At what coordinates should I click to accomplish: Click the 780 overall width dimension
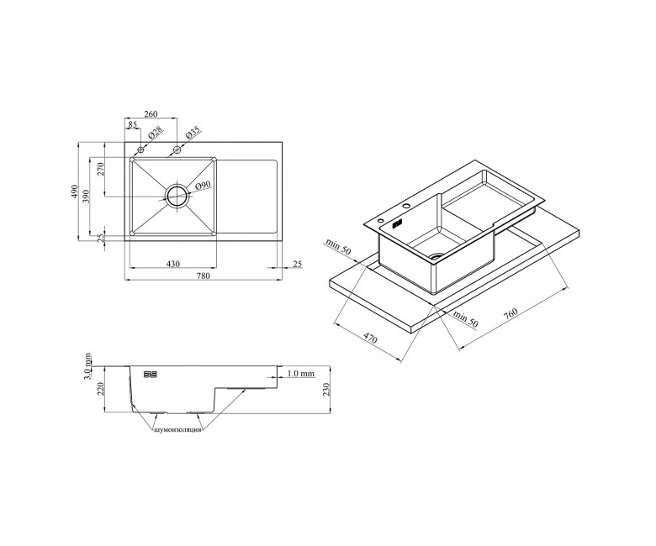204,276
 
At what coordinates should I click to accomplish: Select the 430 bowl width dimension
173,264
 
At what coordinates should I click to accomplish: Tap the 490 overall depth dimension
74,192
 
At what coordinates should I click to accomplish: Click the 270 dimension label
100,169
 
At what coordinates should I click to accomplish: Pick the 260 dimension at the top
151,114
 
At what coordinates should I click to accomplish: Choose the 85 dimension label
133,124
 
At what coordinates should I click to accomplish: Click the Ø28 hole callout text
155,133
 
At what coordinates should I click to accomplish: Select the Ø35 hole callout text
193,133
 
